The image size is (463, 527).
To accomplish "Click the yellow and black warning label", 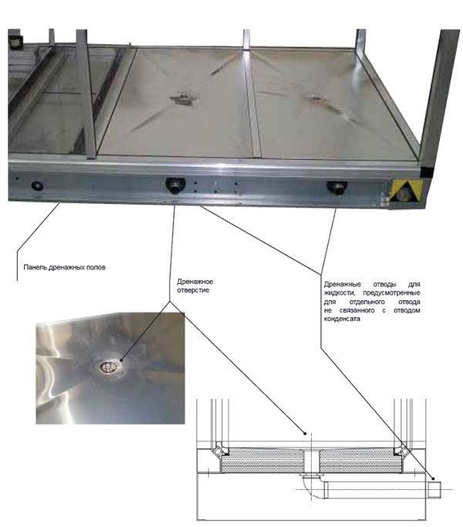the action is [x=406, y=191].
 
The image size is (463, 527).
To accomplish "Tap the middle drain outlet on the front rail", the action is [x=175, y=185].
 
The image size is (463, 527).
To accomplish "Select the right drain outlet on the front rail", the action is [x=337, y=187].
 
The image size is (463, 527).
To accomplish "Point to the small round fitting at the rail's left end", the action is [x=37, y=185].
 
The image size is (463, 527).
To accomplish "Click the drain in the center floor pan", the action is [x=182, y=99].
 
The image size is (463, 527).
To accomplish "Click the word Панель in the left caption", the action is [x=35, y=267].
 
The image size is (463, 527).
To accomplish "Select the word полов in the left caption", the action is [x=96, y=267].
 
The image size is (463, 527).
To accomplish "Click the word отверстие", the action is [x=193, y=290].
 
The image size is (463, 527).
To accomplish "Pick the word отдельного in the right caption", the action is [x=367, y=302].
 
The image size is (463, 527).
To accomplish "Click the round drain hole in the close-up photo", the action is [x=108, y=367].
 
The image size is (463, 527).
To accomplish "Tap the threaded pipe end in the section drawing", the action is [x=434, y=490].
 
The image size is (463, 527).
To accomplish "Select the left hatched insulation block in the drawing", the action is [x=262, y=460].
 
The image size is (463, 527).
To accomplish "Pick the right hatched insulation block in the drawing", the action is [x=361, y=460].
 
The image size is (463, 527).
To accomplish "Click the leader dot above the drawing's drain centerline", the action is [x=305, y=434].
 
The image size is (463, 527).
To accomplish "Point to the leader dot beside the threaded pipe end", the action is [x=433, y=478].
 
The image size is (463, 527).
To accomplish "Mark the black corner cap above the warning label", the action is [x=427, y=172].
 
